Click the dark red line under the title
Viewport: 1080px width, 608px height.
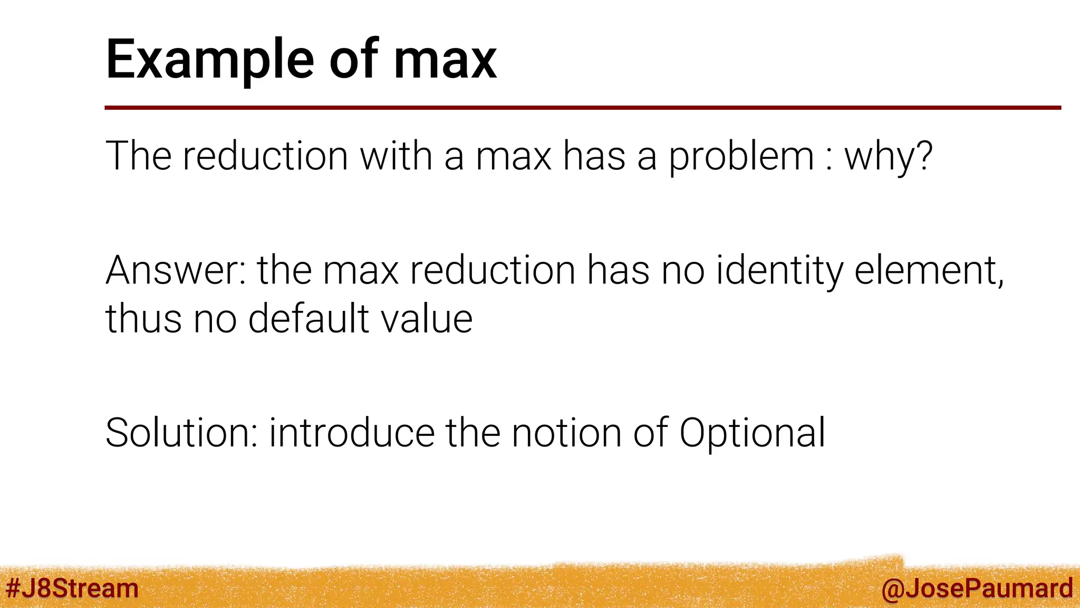point(582,108)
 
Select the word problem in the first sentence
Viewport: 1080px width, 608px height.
point(741,156)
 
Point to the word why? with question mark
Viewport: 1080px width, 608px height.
point(889,156)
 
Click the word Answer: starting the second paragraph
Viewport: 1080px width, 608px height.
point(176,270)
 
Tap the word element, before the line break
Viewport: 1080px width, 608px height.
point(929,270)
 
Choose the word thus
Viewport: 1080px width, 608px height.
point(143,319)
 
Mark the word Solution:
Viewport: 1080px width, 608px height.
point(181,433)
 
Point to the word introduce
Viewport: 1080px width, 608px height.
point(352,433)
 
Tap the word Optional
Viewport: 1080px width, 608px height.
point(752,433)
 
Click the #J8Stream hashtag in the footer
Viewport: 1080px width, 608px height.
point(72,588)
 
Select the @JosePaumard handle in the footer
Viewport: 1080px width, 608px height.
point(977,588)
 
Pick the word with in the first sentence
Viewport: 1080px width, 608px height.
point(396,156)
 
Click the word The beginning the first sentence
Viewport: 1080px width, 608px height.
point(138,156)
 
